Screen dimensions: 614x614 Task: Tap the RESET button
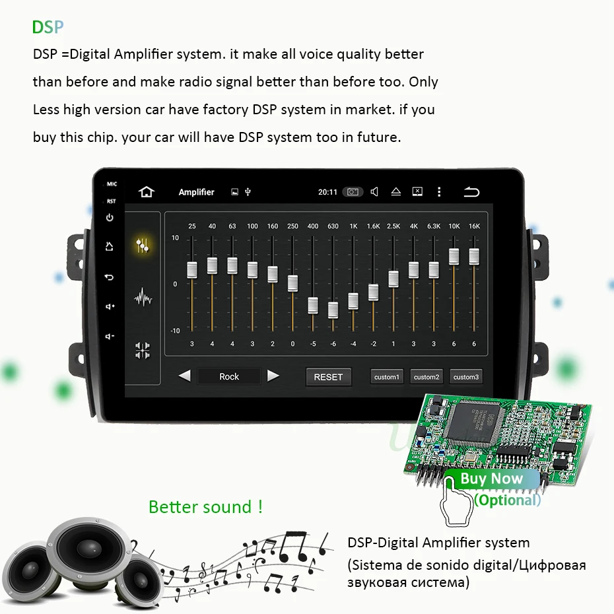click(328, 377)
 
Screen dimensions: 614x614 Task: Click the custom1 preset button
click(387, 377)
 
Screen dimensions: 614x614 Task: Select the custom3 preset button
click(465, 377)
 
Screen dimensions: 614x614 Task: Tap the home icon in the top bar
click(146, 192)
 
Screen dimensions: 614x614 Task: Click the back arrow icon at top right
click(471, 192)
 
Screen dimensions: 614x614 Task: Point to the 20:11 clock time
click(327, 192)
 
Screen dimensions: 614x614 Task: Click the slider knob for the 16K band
click(474, 256)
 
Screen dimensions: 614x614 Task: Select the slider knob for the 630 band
click(333, 310)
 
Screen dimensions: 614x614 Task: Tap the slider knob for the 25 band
click(192, 269)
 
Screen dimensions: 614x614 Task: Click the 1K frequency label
click(353, 226)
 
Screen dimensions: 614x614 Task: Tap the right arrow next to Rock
click(273, 376)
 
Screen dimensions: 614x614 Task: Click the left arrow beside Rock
click(185, 376)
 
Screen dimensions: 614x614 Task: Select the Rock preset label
click(229, 376)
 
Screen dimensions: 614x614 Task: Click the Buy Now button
click(491, 479)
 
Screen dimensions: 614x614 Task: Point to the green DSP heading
click(48, 27)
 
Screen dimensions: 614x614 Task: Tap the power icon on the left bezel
click(110, 218)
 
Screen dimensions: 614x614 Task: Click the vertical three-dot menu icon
click(439, 192)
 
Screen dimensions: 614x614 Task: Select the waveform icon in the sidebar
click(143, 298)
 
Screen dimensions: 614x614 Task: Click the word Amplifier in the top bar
click(197, 192)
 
